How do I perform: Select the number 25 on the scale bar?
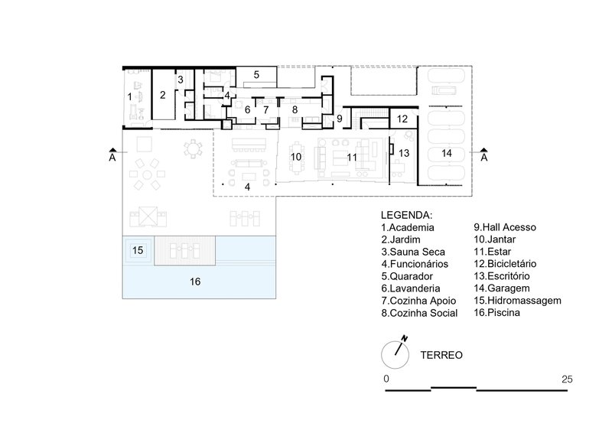click(x=567, y=379)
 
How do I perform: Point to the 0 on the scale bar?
click(x=387, y=379)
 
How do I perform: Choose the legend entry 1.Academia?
click(x=407, y=227)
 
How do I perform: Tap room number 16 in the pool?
click(x=195, y=282)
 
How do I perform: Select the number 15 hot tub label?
click(x=138, y=250)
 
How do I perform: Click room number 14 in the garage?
click(x=447, y=154)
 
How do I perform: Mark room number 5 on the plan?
click(x=257, y=75)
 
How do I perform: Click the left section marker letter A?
click(x=112, y=158)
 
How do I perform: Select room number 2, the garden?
click(x=162, y=96)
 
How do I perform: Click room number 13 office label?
click(x=405, y=153)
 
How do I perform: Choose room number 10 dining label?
click(x=295, y=157)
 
